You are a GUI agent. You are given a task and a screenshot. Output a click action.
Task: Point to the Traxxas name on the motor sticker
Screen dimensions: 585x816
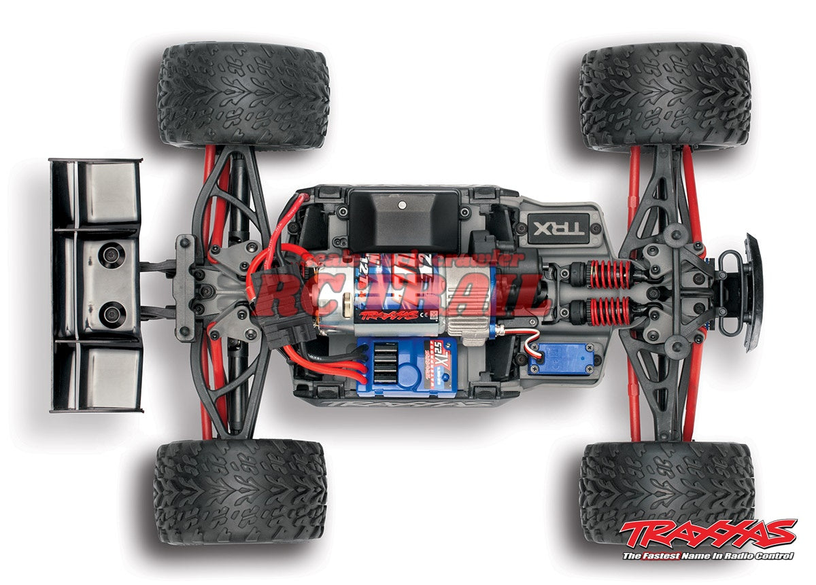click(x=389, y=315)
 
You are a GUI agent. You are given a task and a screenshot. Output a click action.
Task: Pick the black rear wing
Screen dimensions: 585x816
click(x=95, y=285)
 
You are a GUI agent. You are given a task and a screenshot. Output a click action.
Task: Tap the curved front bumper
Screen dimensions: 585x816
click(x=753, y=292)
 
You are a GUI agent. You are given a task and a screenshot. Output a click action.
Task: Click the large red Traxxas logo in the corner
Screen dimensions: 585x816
click(x=708, y=534)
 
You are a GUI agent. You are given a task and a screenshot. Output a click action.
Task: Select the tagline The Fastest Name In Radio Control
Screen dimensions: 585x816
click(x=708, y=556)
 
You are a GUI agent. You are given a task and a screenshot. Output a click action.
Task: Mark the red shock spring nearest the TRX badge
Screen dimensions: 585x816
click(x=611, y=273)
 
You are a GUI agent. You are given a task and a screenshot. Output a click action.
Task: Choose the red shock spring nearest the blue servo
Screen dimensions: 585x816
click(x=611, y=311)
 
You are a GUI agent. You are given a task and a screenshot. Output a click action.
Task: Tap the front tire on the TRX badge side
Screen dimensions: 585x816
click(x=664, y=96)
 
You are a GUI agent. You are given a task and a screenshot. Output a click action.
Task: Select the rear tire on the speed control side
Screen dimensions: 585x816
click(x=240, y=491)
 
